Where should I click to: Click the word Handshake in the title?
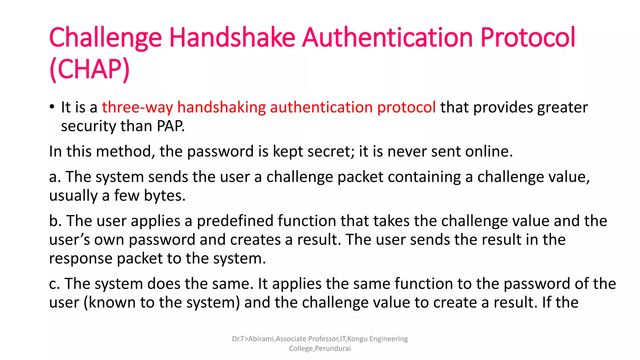[232, 37]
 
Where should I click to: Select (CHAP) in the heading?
[89, 69]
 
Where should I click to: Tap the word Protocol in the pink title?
[527, 37]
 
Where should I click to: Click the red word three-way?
[137, 107]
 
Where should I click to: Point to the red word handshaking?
[221, 107]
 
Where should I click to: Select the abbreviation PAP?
[170, 126]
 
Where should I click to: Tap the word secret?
[331, 152]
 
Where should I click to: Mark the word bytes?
[165, 196]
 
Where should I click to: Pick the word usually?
[73, 196]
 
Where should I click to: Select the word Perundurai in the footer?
[333, 349]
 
